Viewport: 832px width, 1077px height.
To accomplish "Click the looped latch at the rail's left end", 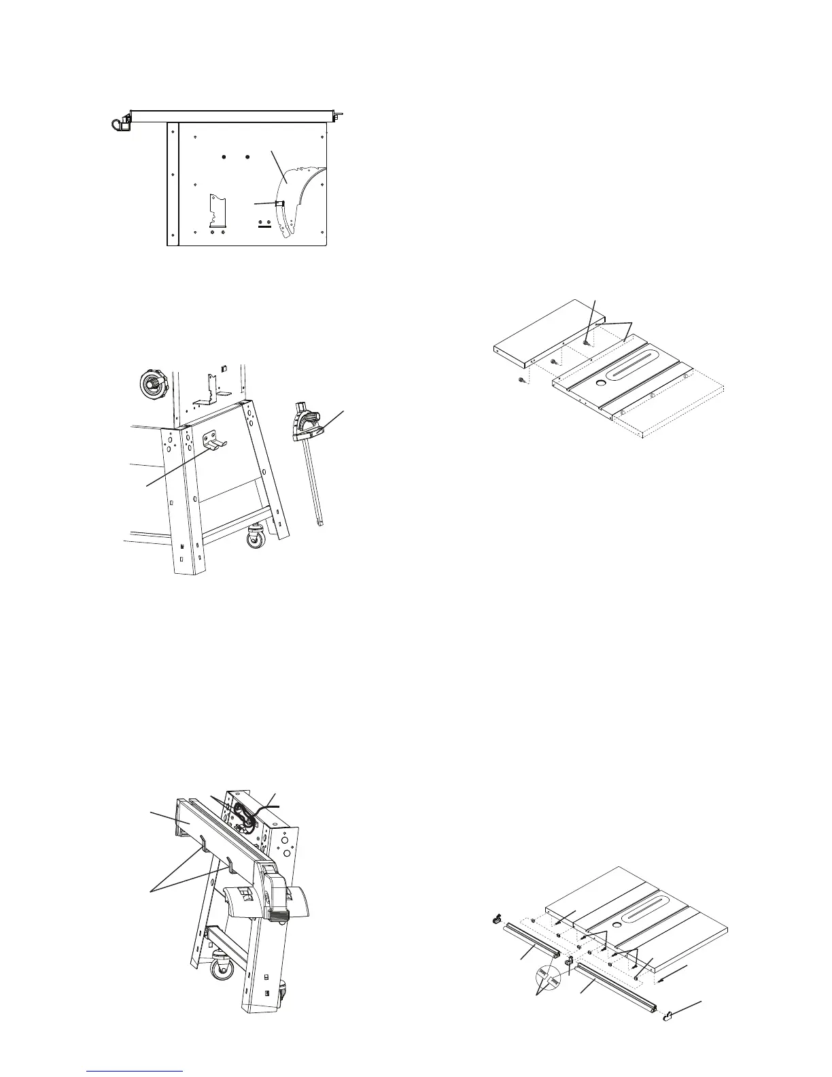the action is [x=120, y=123].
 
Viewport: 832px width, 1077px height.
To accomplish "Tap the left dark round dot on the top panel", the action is [x=224, y=157].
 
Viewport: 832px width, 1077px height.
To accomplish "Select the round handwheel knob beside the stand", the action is [x=151, y=384].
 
